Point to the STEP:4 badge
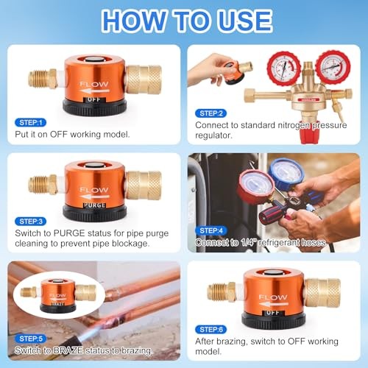click(x=212, y=230)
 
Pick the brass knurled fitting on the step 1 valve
click(x=144, y=78)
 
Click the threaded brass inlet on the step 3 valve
click(x=43, y=184)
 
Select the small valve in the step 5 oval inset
click(x=59, y=294)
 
